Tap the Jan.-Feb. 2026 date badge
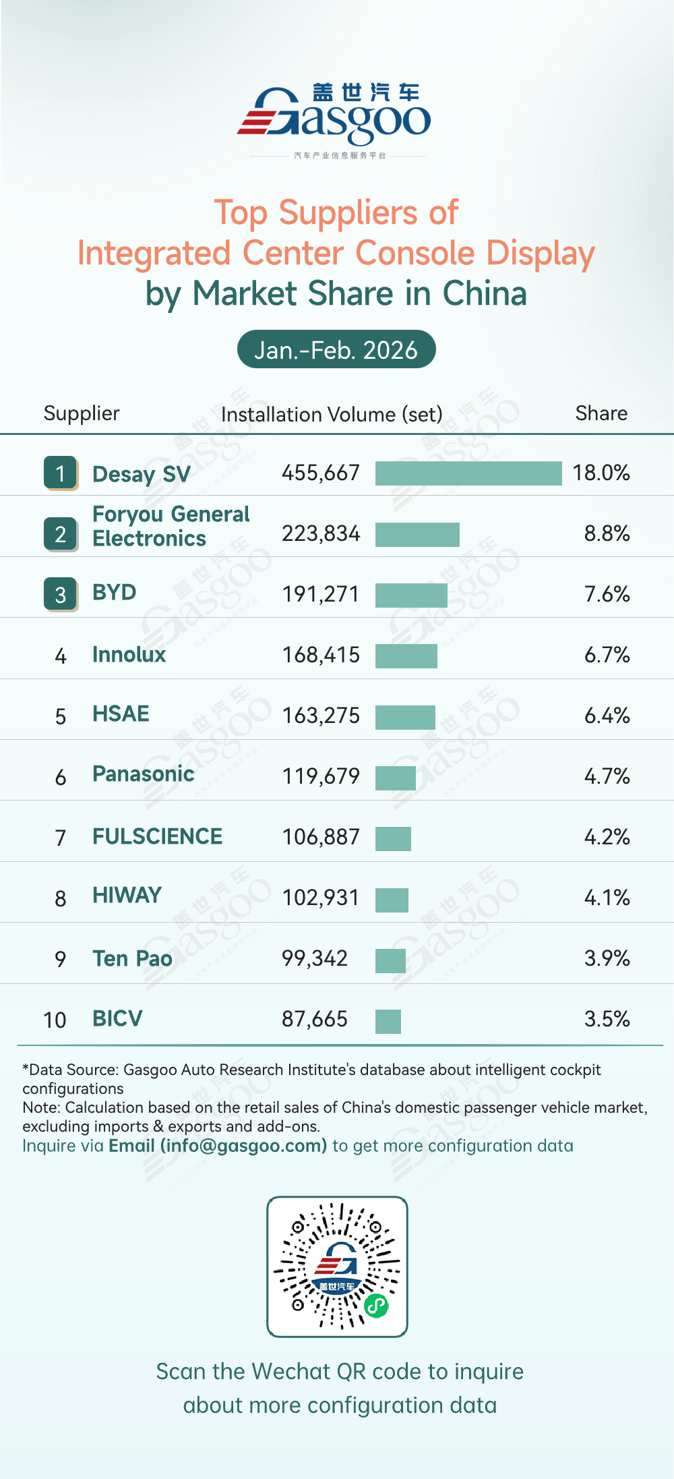coord(336,349)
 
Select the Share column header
coord(601,413)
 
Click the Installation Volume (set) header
coord(332,414)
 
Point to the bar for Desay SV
coord(468,473)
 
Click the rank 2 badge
coord(61,534)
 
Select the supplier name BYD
coord(115,592)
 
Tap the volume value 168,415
coord(321,655)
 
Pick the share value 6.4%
coord(607,716)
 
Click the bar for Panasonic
coord(396,778)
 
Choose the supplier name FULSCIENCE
coord(157,836)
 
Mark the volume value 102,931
coord(321,898)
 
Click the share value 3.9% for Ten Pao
coord(607,958)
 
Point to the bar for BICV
coord(388,1021)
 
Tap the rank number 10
coord(55,1020)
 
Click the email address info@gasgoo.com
coord(243,1146)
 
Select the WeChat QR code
coord(337,1267)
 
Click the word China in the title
coord(485,293)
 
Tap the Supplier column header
coord(82,413)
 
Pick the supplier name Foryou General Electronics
coord(171,526)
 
